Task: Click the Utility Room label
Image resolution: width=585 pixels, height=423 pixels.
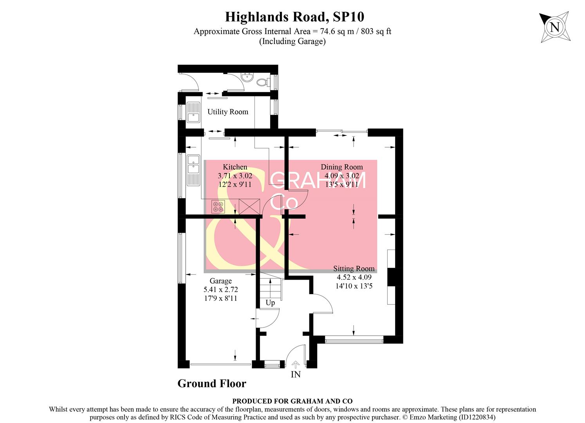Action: coord(227,112)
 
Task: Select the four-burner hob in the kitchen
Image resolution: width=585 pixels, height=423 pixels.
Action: coord(218,206)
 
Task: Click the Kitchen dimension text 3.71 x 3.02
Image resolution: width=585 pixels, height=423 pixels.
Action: coord(235,176)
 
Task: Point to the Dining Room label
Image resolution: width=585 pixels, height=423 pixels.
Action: coord(341,167)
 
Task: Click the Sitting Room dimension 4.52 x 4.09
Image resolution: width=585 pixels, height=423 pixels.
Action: coord(354,277)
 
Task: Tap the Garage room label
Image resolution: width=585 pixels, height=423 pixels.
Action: coord(220,281)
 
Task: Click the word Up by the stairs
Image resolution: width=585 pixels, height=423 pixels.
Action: coord(270,303)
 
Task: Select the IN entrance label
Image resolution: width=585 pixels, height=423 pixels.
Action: coord(296,374)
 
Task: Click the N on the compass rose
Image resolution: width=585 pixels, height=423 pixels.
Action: coord(554,27)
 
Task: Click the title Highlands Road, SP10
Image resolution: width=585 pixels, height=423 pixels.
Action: coord(294,17)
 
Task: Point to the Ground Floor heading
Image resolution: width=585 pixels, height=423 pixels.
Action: coord(212,383)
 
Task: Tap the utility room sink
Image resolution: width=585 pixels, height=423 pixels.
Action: coord(193,113)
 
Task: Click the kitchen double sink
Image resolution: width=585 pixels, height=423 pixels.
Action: coord(193,164)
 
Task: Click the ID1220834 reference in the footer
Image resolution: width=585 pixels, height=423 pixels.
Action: coord(476,418)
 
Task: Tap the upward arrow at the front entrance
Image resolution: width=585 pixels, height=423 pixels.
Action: coord(296,364)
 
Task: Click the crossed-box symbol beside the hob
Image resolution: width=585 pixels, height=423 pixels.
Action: coord(249,206)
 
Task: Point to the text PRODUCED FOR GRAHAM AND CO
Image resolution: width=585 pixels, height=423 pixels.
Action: coord(292,401)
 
